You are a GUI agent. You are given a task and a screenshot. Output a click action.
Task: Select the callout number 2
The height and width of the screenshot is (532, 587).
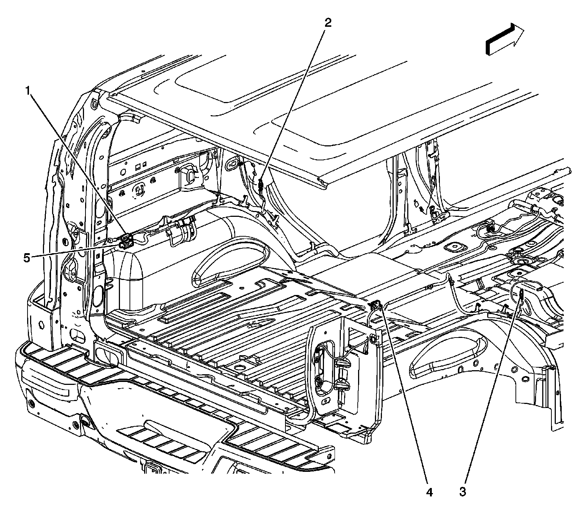pyautogui.click(x=328, y=23)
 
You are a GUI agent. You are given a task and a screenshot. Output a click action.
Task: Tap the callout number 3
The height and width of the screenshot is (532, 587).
pyautogui.click(x=463, y=492)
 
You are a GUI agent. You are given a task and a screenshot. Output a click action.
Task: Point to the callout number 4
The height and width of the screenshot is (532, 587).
pyautogui.click(x=429, y=492)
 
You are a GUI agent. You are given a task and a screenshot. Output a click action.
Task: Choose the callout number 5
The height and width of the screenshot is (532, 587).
pyautogui.click(x=27, y=258)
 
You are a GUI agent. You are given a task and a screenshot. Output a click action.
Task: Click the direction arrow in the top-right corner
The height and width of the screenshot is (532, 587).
pyautogui.click(x=505, y=39)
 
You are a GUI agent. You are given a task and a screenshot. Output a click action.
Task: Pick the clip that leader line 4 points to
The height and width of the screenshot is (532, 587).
pyautogui.click(x=376, y=303)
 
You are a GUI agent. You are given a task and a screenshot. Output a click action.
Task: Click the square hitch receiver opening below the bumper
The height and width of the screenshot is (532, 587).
pyautogui.click(x=151, y=469)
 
